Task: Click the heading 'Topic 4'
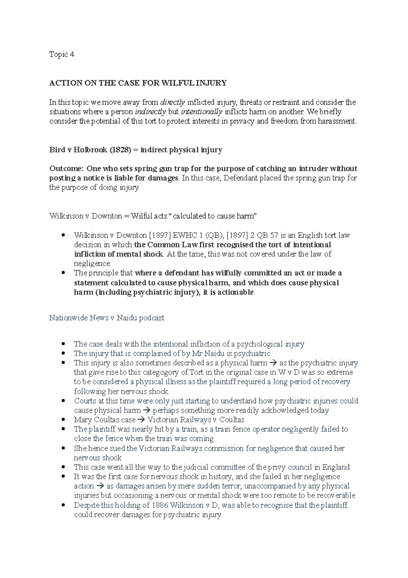click(62, 54)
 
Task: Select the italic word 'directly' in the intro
click(172, 102)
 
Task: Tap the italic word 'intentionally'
click(202, 112)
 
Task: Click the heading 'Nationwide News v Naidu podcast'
click(107, 318)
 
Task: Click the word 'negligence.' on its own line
click(92, 263)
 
